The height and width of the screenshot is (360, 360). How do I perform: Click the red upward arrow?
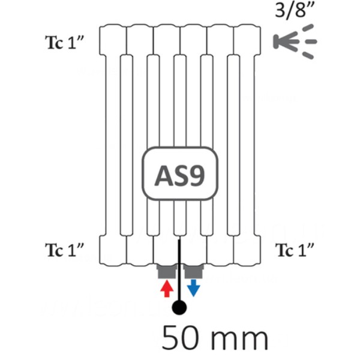click(167, 288)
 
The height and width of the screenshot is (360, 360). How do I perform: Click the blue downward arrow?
click(194, 288)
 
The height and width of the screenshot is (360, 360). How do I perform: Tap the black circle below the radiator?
click(179, 308)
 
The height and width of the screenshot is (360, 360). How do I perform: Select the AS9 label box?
click(180, 173)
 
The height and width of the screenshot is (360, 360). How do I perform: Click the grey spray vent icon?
click(295, 41)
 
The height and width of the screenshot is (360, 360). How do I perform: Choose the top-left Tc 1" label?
click(65, 43)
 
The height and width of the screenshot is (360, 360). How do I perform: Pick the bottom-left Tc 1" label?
click(65, 250)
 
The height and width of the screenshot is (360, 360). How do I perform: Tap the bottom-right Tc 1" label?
click(295, 250)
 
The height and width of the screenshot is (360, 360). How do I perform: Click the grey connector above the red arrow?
click(167, 271)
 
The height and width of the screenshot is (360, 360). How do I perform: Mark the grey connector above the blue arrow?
click(194, 271)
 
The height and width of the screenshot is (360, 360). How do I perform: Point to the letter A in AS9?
click(164, 176)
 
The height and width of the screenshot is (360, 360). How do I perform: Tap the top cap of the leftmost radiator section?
click(113, 40)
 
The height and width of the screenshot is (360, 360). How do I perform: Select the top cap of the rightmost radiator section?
click(247, 40)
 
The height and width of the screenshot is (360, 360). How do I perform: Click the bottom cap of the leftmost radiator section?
click(113, 251)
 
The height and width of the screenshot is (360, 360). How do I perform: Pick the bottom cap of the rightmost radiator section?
click(247, 251)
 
